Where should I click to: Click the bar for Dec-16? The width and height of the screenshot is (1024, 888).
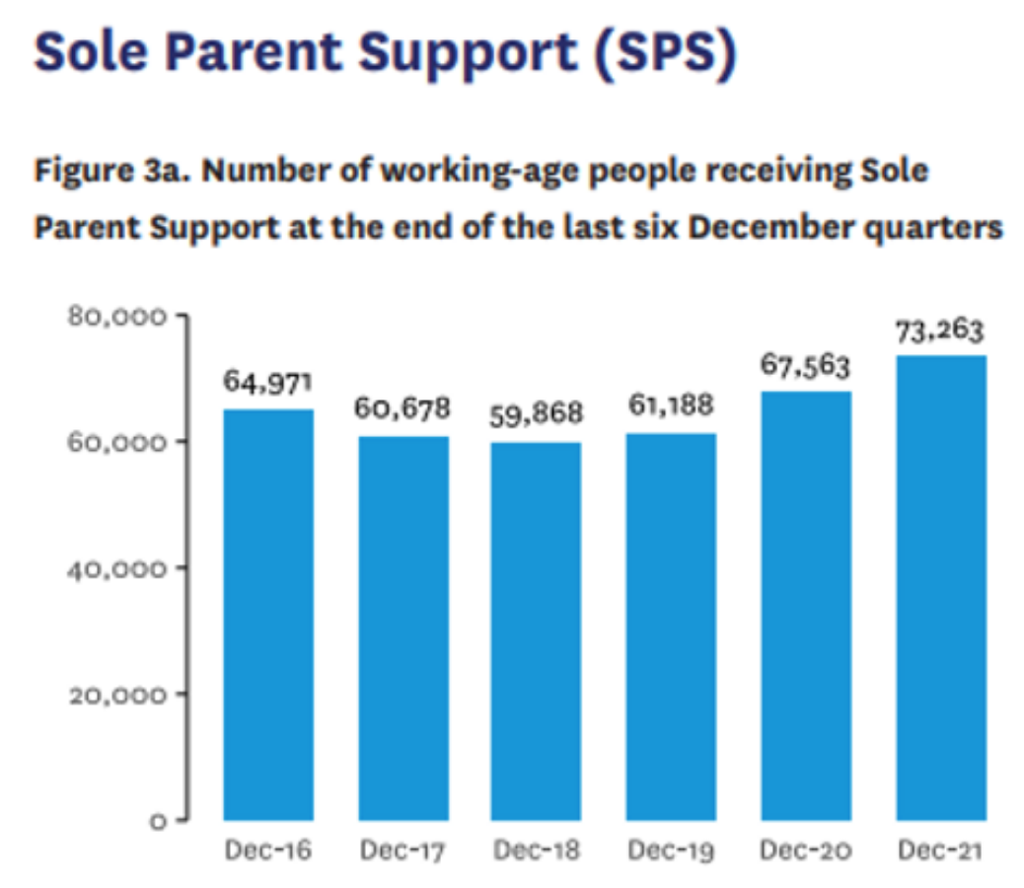pyautogui.click(x=268, y=614)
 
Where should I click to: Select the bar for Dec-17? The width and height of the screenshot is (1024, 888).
pyautogui.click(x=402, y=628)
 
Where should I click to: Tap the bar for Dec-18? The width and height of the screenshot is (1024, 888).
pyautogui.click(x=537, y=630)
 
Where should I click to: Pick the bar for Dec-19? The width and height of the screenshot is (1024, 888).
pyautogui.click(x=671, y=626)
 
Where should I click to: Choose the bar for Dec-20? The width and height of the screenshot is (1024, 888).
pyautogui.click(x=805, y=605)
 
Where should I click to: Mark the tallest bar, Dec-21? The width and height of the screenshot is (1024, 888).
pyautogui.click(x=940, y=587)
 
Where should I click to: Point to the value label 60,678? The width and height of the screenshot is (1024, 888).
pyautogui.click(x=402, y=407)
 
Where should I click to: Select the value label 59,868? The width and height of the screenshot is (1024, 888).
pyautogui.click(x=537, y=412)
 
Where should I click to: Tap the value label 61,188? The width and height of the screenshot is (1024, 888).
pyautogui.click(x=671, y=405)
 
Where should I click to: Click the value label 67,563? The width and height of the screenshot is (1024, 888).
pyautogui.click(x=805, y=364)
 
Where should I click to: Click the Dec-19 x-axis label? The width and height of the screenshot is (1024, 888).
pyautogui.click(x=671, y=851)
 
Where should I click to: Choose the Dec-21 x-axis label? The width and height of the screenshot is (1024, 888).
pyautogui.click(x=940, y=851)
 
